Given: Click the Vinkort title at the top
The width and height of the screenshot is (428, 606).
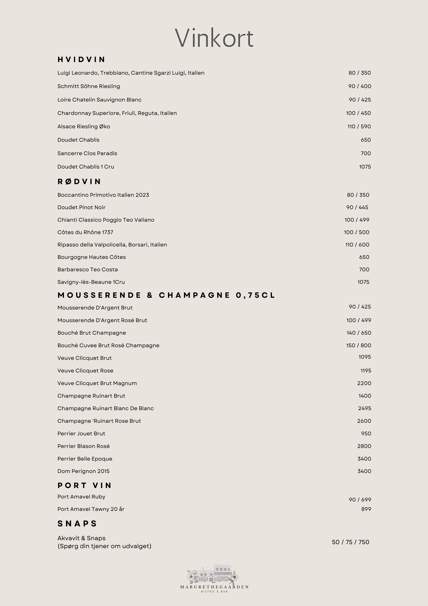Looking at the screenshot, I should click(x=214, y=38).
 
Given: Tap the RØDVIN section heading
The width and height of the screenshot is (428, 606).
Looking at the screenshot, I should click(x=79, y=182).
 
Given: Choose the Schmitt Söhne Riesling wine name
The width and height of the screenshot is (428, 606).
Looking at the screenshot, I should click(x=89, y=86).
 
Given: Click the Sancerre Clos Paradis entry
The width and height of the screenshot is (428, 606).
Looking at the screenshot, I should click(x=87, y=153).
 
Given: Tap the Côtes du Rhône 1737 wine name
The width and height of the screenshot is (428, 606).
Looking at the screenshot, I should click(x=85, y=232).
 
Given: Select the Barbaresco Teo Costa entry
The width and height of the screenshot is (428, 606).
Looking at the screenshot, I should click(x=88, y=269).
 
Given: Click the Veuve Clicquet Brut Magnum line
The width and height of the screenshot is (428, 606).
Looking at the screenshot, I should click(x=97, y=383).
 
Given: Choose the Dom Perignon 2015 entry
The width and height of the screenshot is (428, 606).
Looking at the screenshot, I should click(x=83, y=471).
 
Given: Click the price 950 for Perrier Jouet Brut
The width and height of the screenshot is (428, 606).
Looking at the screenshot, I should click(x=366, y=434).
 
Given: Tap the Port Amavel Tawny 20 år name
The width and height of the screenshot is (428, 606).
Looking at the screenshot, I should click(x=91, y=509).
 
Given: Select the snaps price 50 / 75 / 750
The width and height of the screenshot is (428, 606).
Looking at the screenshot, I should click(x=351, y=542).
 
